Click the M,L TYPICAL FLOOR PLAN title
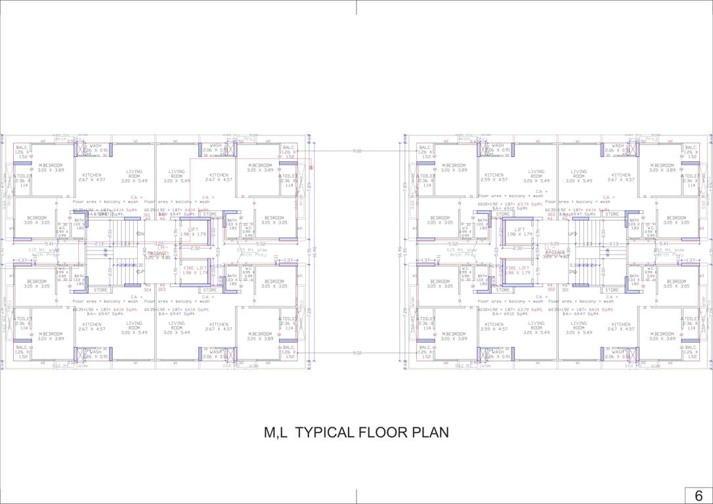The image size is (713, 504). pos(356,432)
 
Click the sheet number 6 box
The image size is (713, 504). pos(699,495)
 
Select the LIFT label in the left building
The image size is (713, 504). pos(193,230)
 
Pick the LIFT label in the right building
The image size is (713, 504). pos(519,230)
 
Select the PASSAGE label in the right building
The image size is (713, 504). pos(555,252)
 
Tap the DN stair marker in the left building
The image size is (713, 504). pos(140,234)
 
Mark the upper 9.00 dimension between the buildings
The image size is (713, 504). pos(356,152)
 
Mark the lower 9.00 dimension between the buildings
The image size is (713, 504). pos(356,353)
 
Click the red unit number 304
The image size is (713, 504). pos(147,289)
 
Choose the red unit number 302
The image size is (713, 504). pos(551,289)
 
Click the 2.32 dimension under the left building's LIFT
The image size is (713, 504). pos(195,248)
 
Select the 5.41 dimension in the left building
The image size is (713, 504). pos(49,244)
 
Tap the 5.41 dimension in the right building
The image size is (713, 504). pos(663,244)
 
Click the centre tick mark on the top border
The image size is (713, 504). pos(356,7)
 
